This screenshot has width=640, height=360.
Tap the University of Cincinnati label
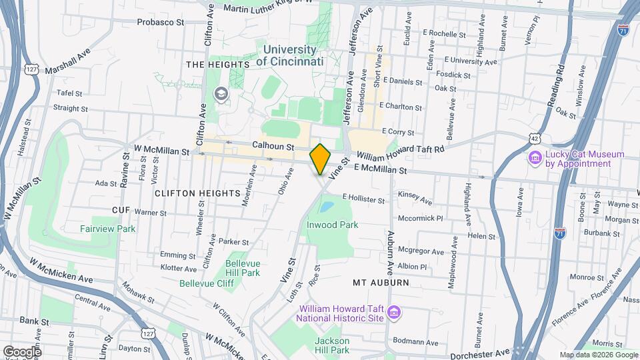click(x=289, y=55)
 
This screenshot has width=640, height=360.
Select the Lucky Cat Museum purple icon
click(x=534, y=157)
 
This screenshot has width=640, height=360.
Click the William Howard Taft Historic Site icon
click(x=394, y=313)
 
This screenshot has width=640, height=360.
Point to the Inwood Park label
click(x=332, y=225)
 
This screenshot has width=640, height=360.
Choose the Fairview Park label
click(x=108, y=229)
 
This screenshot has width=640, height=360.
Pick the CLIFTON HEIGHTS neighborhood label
click(x=197, y=193)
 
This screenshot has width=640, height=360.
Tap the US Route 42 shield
click(x=535, y=137)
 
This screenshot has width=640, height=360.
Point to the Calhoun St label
click(x=273, y=145)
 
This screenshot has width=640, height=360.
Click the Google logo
click(x=21, y=351)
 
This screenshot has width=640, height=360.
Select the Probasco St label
click(x=160, y=22)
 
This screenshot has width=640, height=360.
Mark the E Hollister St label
click(x=363, y=198)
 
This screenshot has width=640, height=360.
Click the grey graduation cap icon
click(x=219, y=94)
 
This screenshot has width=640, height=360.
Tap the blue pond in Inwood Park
click(x=326, y=207)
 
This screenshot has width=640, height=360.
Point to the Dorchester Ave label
click(x=479, y=351)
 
